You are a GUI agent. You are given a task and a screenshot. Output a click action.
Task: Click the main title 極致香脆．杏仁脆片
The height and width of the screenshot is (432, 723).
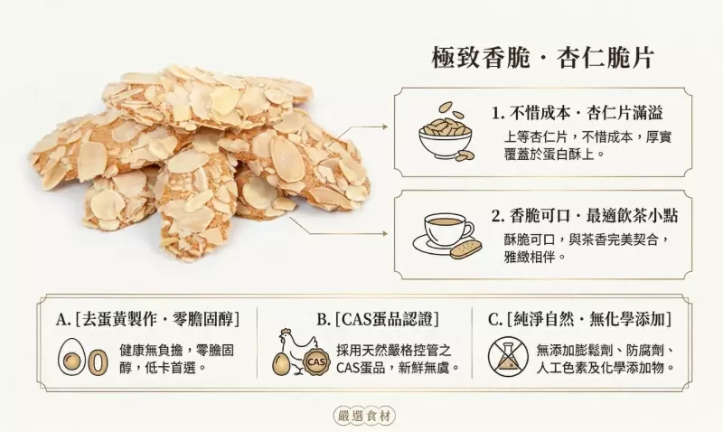543,58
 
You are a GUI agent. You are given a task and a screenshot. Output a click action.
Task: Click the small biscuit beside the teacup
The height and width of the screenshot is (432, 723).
467,249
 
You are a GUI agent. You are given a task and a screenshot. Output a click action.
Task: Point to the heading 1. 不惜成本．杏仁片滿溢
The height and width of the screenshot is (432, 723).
577,113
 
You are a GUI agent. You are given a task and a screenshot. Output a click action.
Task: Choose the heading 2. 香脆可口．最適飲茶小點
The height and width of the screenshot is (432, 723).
584,216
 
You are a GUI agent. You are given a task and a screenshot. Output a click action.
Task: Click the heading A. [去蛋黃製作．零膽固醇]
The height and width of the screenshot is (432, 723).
147,319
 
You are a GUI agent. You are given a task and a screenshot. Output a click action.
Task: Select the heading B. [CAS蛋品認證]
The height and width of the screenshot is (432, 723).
378,319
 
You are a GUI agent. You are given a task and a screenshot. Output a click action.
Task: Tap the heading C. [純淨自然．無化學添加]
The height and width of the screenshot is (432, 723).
579,319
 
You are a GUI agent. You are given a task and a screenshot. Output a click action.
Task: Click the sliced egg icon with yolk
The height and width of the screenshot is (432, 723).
71,356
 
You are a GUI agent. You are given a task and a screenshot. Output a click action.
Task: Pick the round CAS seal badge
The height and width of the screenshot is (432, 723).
317,362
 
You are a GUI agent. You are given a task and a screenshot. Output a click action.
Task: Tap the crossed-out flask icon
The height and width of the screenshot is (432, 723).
508,356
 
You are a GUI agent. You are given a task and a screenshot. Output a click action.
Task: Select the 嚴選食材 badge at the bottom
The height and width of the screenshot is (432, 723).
364,416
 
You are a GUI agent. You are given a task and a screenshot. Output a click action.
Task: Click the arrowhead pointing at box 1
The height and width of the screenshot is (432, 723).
385,126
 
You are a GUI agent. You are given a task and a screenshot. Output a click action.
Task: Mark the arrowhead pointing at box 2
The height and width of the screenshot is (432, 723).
385,234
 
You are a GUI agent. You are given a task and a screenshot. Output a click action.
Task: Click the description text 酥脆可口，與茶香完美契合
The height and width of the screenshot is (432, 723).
587,239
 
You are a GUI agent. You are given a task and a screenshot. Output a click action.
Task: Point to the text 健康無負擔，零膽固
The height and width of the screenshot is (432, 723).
176,351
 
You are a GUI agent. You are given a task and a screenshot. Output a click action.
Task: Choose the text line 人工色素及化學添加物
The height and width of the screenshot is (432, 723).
606,368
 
